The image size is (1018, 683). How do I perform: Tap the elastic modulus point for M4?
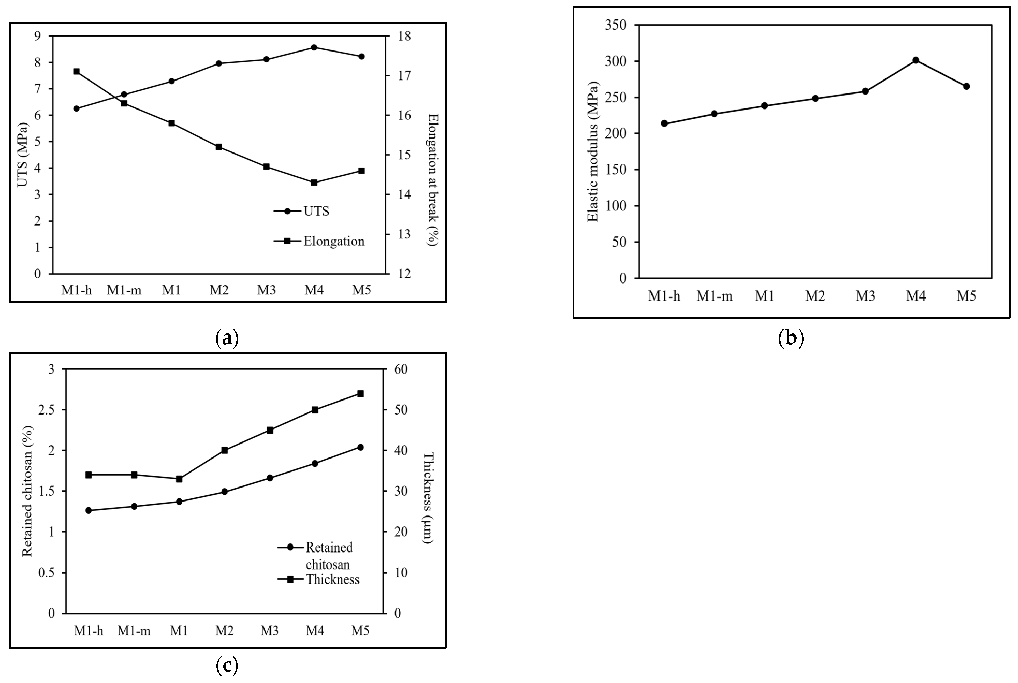(916, 60)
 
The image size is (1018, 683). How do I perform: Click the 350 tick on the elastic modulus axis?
(616, 25)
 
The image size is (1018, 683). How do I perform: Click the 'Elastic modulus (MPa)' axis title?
(593, 151)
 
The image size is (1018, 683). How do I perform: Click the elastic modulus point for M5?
(966, 86)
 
